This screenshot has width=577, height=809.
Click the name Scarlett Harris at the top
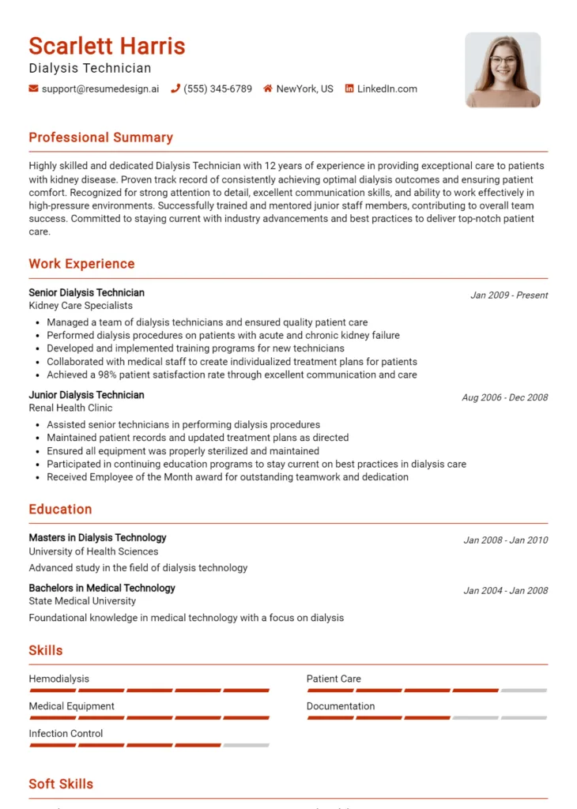tap(107, 46)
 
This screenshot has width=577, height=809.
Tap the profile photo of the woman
tap(503, 70)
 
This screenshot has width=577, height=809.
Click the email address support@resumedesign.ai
tap(100, 89)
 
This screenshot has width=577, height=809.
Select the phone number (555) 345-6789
tap(217, 89)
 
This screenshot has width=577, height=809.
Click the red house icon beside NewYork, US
tap(268, 89)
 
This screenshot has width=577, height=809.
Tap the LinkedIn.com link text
tap(387, 89)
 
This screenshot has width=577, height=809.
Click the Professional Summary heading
tap(100, 137)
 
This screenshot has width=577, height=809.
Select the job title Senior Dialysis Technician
tap(87, 292)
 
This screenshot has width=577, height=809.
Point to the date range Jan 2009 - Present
tap(509, 295)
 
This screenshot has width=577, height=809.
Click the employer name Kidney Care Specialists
tap(81, 306)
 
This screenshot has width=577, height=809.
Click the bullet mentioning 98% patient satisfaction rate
tap(232, 374)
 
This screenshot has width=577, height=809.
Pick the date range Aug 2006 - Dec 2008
tap(504, 398)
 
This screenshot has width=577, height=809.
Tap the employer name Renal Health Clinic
tap(70, 408)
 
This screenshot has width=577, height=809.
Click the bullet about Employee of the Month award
tap(228, 477)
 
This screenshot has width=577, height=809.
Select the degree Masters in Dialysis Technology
tap(97, 538)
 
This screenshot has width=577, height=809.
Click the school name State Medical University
tap(82, 601)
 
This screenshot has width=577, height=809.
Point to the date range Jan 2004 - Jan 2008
tap(505, 591)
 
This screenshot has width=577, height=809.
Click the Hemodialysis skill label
tap(59, 679)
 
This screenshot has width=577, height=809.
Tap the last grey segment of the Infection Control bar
tap(246, 745)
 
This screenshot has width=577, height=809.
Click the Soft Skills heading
tap(61, 784)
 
